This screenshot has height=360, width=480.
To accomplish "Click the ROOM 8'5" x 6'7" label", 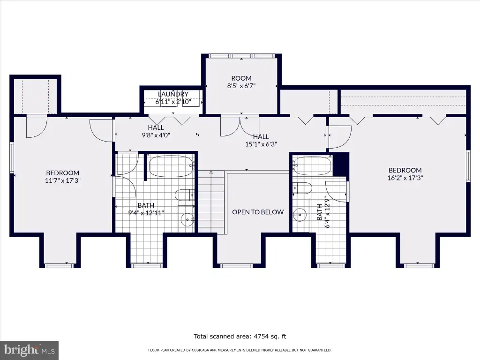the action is point(241,82).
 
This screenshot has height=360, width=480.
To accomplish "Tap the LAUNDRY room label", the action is point(173,94).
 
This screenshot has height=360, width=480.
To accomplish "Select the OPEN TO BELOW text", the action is point(258,212).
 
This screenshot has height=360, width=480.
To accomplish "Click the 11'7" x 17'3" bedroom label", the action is point(63,177).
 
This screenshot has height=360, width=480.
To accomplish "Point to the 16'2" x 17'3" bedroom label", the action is point(405,174).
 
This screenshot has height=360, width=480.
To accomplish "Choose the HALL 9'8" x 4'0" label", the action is point(156,131).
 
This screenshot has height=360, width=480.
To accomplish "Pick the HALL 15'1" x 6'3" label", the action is point(261,140).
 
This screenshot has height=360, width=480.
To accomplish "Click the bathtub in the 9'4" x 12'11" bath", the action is point(172,166).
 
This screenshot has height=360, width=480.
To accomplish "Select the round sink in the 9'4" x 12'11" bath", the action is point(187,219).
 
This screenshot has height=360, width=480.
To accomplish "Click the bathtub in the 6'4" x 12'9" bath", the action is point(312,165).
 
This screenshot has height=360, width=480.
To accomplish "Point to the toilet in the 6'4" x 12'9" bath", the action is point(302,187).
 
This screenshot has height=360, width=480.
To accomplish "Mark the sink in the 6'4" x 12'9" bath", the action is point(300,215).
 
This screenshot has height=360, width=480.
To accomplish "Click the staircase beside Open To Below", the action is point(211,202).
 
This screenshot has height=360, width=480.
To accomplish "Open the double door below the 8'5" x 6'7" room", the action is point(240,126).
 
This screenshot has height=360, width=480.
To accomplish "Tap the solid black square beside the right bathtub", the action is point(341,164).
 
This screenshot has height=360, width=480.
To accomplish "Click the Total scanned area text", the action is point(240,337).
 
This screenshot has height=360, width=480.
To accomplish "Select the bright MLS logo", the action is point(29,350).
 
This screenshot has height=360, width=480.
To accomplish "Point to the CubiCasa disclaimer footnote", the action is point(240,350).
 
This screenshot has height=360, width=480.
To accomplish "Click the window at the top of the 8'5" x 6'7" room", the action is point(241,56).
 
